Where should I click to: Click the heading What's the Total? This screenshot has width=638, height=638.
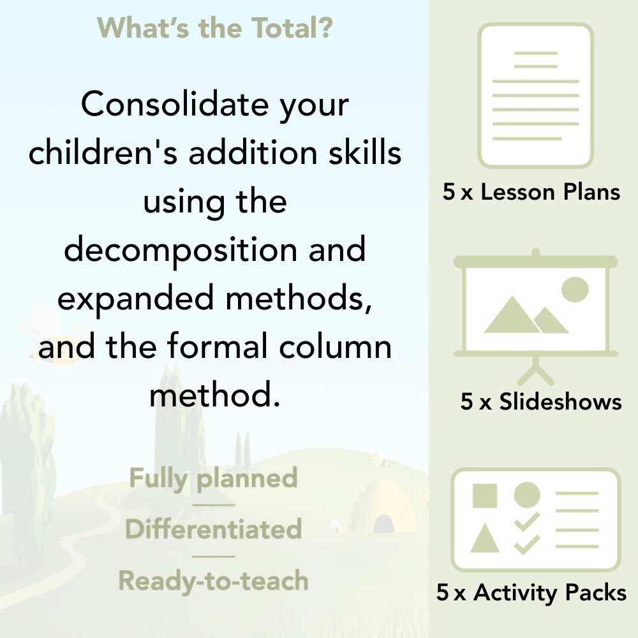(214, 28)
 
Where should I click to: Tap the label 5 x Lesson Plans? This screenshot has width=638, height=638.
(531, 192)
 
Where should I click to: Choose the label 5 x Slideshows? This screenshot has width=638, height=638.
(541, 401)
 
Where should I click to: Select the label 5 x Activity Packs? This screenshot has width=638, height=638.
(531, 593)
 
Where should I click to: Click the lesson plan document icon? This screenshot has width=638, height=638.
(536, 96)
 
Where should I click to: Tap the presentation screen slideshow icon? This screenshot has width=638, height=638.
(536, 306)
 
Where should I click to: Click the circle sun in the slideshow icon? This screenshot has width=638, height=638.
(574, 289)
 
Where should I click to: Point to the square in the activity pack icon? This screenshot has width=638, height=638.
(485, 495)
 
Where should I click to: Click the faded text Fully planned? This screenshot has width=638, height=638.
(213, 478)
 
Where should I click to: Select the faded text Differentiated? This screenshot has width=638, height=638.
(213, 530)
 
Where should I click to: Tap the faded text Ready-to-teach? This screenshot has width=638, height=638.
(213, 581)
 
